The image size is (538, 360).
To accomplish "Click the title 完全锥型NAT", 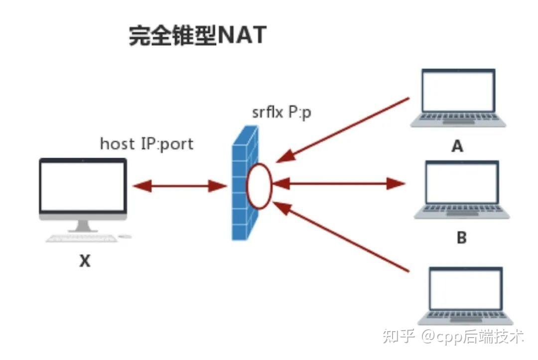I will coord(198,36).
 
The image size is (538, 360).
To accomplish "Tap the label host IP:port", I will coord(146,144).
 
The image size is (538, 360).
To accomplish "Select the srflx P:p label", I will coord(282,112).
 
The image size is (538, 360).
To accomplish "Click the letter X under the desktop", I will coord(85,261).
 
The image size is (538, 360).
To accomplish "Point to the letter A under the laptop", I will coord(456,146).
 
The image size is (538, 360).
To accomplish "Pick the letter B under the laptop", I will coord(462,238).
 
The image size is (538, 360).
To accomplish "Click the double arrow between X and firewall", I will coord(180,186).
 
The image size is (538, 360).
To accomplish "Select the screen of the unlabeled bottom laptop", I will coord(465,289).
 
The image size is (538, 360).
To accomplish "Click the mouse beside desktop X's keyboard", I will coord(126,237).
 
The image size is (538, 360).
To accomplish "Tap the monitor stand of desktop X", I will coord(83,226).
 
